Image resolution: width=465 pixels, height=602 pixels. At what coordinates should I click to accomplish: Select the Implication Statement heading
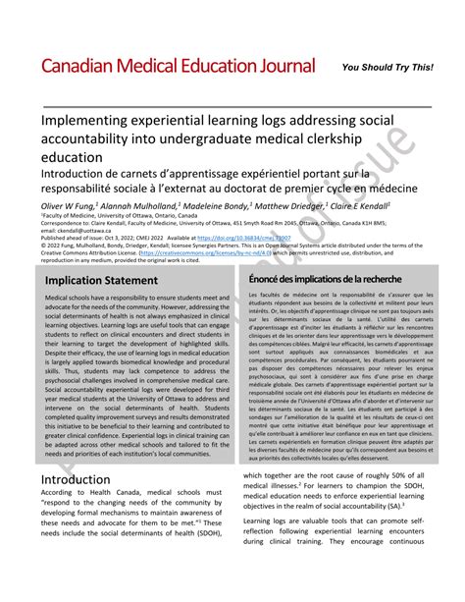[x=101, y=281]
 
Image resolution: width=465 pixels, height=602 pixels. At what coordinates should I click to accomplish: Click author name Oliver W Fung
[x=69, y=206]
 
